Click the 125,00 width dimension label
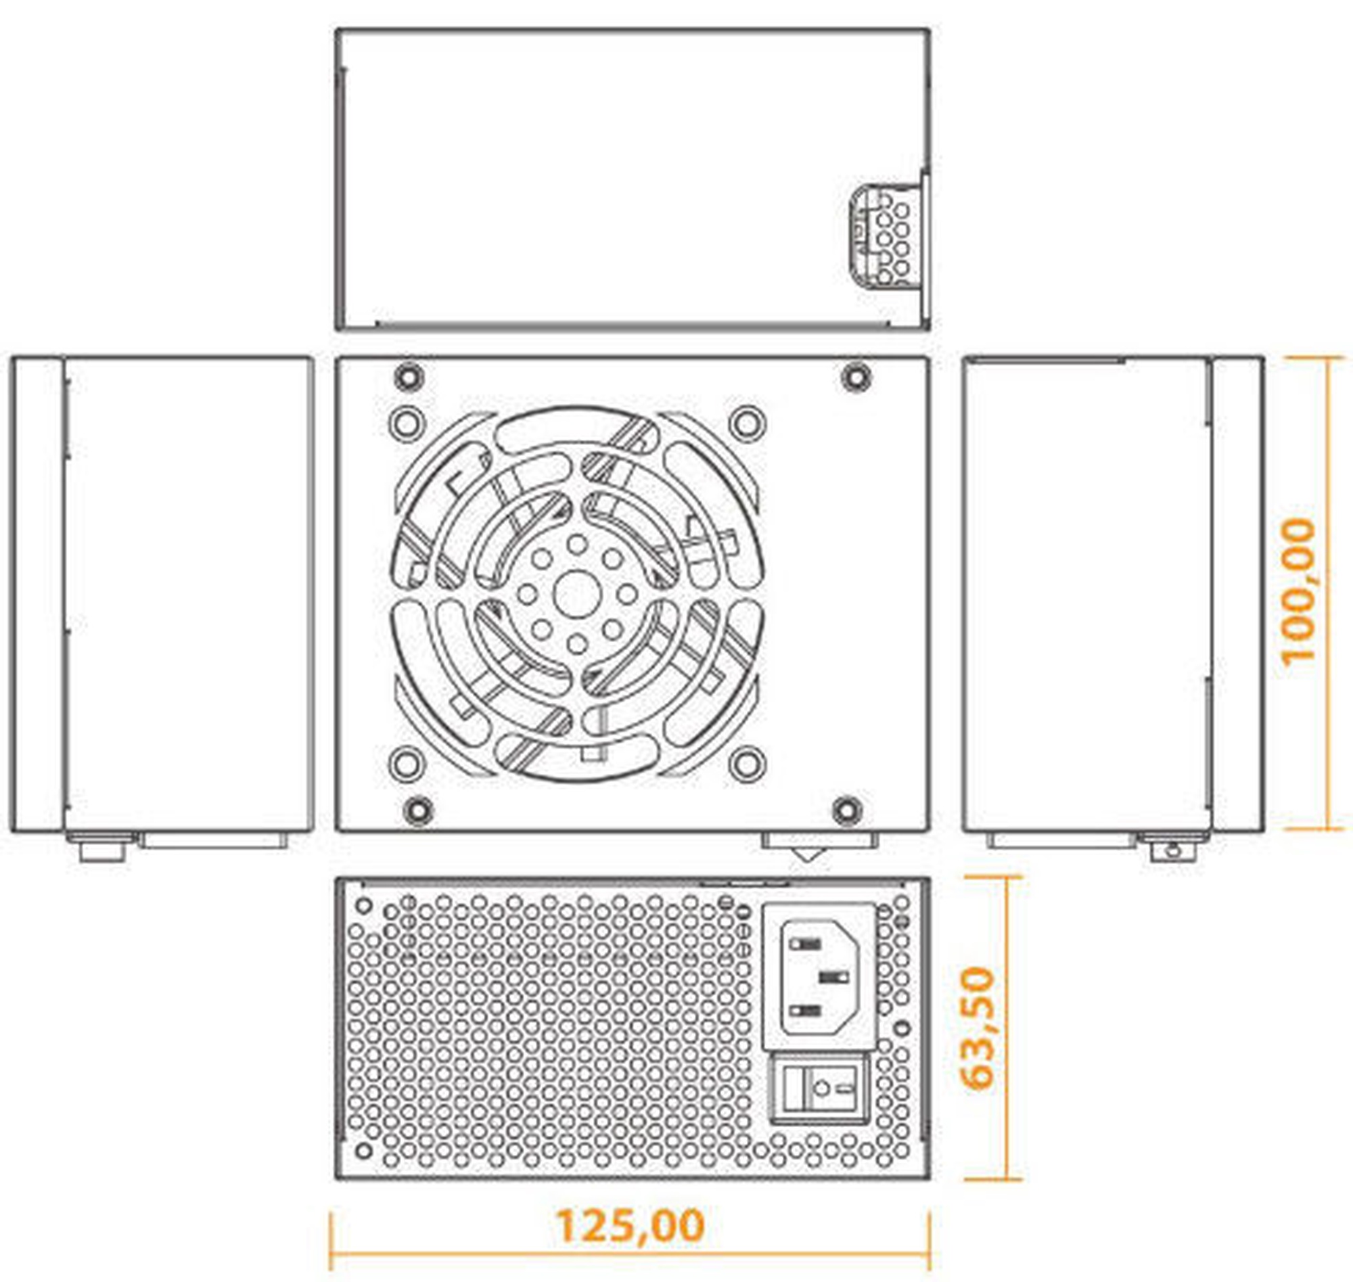click(630, 1225)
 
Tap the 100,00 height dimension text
click(1297, 592)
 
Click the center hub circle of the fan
click(578, 595)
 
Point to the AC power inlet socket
click(819, 976)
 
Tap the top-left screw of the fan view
click(409, 377)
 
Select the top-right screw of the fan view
click(856, 377)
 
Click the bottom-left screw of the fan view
click(417, 810)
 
